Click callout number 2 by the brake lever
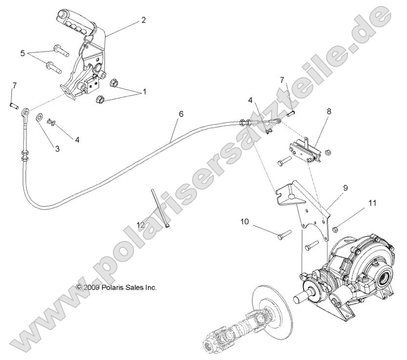[143, 20]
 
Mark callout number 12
[141, 211]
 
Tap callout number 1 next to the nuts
[143, 91]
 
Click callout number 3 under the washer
[57, 148]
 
